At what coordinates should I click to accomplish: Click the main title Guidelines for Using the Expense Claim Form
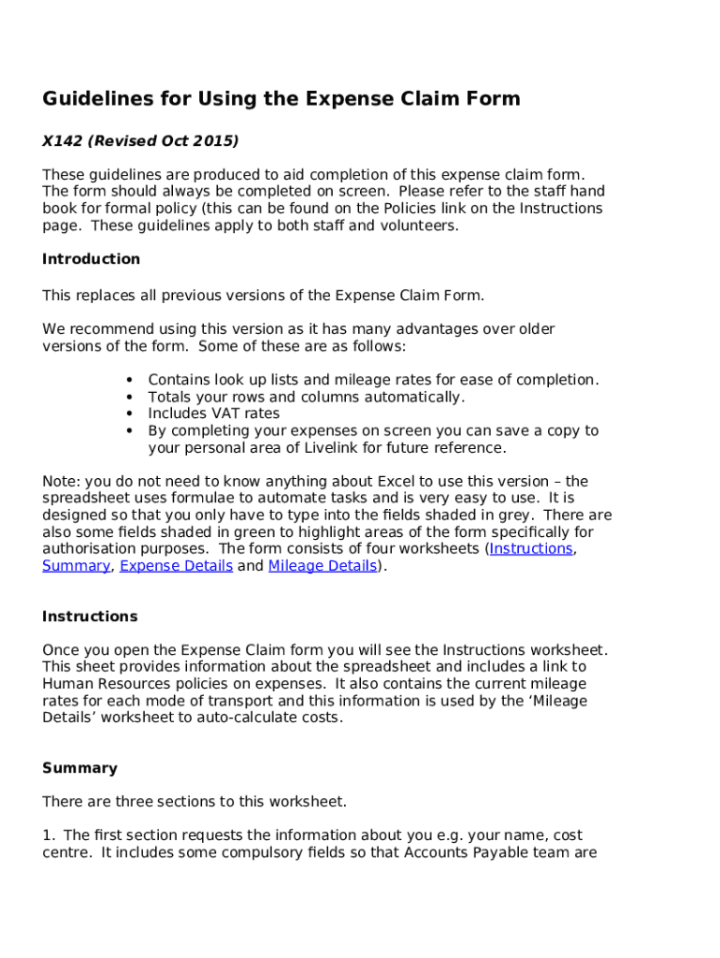(281, 99)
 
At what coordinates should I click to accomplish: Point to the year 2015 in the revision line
(215, 141)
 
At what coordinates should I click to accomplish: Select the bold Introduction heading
(91, 259)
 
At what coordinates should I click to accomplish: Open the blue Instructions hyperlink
(531, 549)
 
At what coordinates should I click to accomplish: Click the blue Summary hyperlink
(76, 566)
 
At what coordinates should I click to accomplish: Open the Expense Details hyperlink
(177, 566)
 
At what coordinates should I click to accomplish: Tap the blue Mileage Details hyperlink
(323, 566)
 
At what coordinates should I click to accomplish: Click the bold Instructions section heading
(90, 617)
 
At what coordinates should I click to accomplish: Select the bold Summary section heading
(79, 768)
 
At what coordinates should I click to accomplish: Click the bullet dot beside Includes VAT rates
(128, 414)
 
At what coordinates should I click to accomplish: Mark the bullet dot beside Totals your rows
(128, 398)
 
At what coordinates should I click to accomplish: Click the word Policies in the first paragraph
(429, 209)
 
